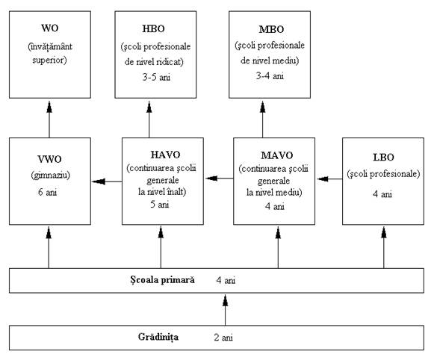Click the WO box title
pyautogui.click(x=49, y=28)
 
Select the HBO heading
pyautogui.click(x=153, y=28)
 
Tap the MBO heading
pyautogui.click(x=271, y=29)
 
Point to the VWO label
pyautogui.click(x=49, y=159)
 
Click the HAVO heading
pyautogui.click(x=165, y=155)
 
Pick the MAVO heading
pyautogui.click(x=276, y=155)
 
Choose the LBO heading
pyautogui.click(x=383, y=158)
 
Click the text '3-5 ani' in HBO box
pyautogui.click(x=156, y=77)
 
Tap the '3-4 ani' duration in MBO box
pyautogui.click(x=270, y=75)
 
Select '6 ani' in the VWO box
pyautogui.click(x=47, y=192)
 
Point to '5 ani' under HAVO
pyautogui.click(x=160, y=204)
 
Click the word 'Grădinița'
pyautogui.click(x=158, y=337)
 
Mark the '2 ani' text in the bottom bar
pyautogui.click(x=223, y=338)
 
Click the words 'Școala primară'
pyautogui.click(x=162, y=280)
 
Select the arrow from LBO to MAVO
pyautogui.click(x=329, y=179)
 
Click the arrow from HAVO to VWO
pyautogui.click(x=107, y=181)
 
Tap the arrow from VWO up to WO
pyautogui.click(x=49, y=120)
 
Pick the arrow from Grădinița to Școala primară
pyautogui.click(x=225, y=311)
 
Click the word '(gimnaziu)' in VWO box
pyautogui.click(x=51, y=176)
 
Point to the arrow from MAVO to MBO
pyautogui.click(x=262, y=120)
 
